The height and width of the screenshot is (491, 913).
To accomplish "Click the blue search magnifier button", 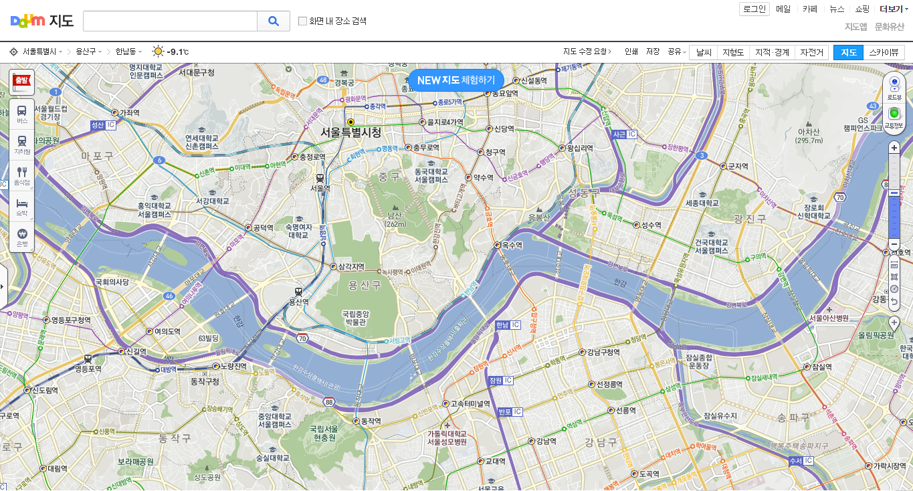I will (x=274, y=21).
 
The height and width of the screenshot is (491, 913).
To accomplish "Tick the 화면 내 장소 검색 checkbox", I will (x=302, y=21).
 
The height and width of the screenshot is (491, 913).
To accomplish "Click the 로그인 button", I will (x=754, y=9).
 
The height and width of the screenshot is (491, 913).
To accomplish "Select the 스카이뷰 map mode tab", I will (x=884, y=52).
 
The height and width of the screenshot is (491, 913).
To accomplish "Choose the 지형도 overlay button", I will (x=733, y=52).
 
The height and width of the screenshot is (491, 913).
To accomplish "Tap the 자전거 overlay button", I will (x=811, y=52).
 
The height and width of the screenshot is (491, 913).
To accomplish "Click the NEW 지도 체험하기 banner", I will (x=455, y=80).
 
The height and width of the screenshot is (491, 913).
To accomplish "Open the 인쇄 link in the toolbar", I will (x=631, y=52).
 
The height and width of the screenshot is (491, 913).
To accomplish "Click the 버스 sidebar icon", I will (x=22, y=114).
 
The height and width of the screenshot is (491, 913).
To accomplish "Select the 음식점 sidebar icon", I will (x=22, y=175).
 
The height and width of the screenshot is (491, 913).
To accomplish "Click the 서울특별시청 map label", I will (x=350, y=132).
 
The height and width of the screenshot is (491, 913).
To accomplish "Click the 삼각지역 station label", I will (x=350, y=267).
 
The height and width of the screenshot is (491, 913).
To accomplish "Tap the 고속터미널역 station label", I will (x=470, y=404).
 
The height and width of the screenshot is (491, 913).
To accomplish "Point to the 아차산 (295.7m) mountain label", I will (x=809, y=136).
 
